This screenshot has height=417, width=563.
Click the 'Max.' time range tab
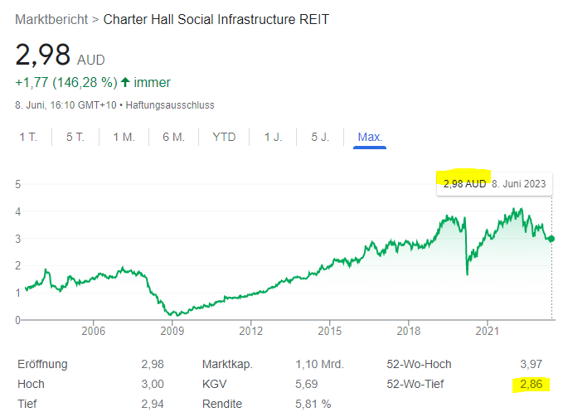click(x=370, y=137)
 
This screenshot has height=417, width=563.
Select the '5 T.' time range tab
click(x=75, y=137)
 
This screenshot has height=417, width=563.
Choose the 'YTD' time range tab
click(x=224, y=137)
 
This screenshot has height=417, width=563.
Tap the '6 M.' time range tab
click(x=173, y=137)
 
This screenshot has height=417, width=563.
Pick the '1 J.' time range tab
click(x=273, y=137)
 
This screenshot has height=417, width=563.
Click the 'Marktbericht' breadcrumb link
click(x=51, y=19)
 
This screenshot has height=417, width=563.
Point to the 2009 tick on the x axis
click(x=172, y=331)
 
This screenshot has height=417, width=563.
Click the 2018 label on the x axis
click(x=408, y=331)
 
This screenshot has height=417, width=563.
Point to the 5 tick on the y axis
click(x=17, y=184)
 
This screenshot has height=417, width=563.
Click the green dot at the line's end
click(x=552, y=239)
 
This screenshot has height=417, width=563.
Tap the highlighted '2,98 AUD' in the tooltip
click(x=464, y=184)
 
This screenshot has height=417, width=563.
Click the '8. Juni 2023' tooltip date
click(x=518, y=184)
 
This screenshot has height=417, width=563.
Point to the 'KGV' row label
click(x=214, y=385)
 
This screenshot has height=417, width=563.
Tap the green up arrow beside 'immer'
click(x=125, y=82)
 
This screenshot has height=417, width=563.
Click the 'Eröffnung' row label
click(x=42, y=364)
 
